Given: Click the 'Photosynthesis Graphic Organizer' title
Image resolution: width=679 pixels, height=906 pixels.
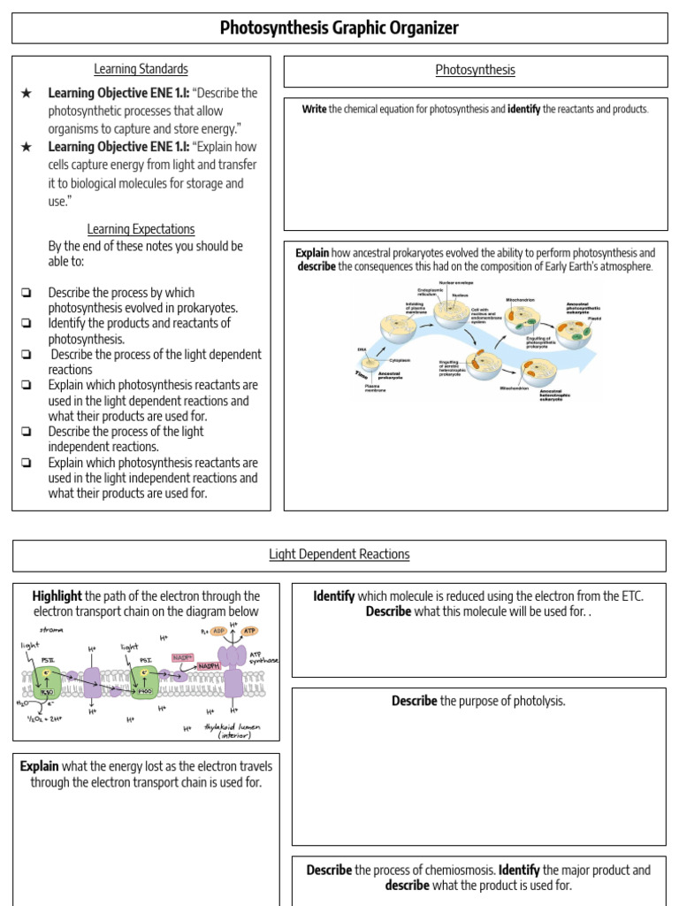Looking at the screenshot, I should coord(339,28).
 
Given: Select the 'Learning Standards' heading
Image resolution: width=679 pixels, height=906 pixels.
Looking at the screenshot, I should coord(141,69).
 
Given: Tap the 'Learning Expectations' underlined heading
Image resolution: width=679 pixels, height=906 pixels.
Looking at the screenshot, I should coord(141,229).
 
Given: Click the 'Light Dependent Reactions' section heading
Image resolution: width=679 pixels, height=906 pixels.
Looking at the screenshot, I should coord(339,555).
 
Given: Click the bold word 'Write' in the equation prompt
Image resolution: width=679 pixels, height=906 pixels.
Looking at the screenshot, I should coord(314,109).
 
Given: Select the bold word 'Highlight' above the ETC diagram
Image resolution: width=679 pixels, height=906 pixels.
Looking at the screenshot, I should coord(57,596).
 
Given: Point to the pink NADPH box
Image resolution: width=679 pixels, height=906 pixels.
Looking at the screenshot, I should coord(209,665).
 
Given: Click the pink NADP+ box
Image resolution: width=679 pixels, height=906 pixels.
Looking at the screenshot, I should coord(183,657).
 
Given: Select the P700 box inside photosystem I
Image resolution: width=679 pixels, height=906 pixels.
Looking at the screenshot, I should coord(147,693).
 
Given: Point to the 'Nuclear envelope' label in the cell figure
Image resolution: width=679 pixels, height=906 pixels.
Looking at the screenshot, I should coord(456,283).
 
